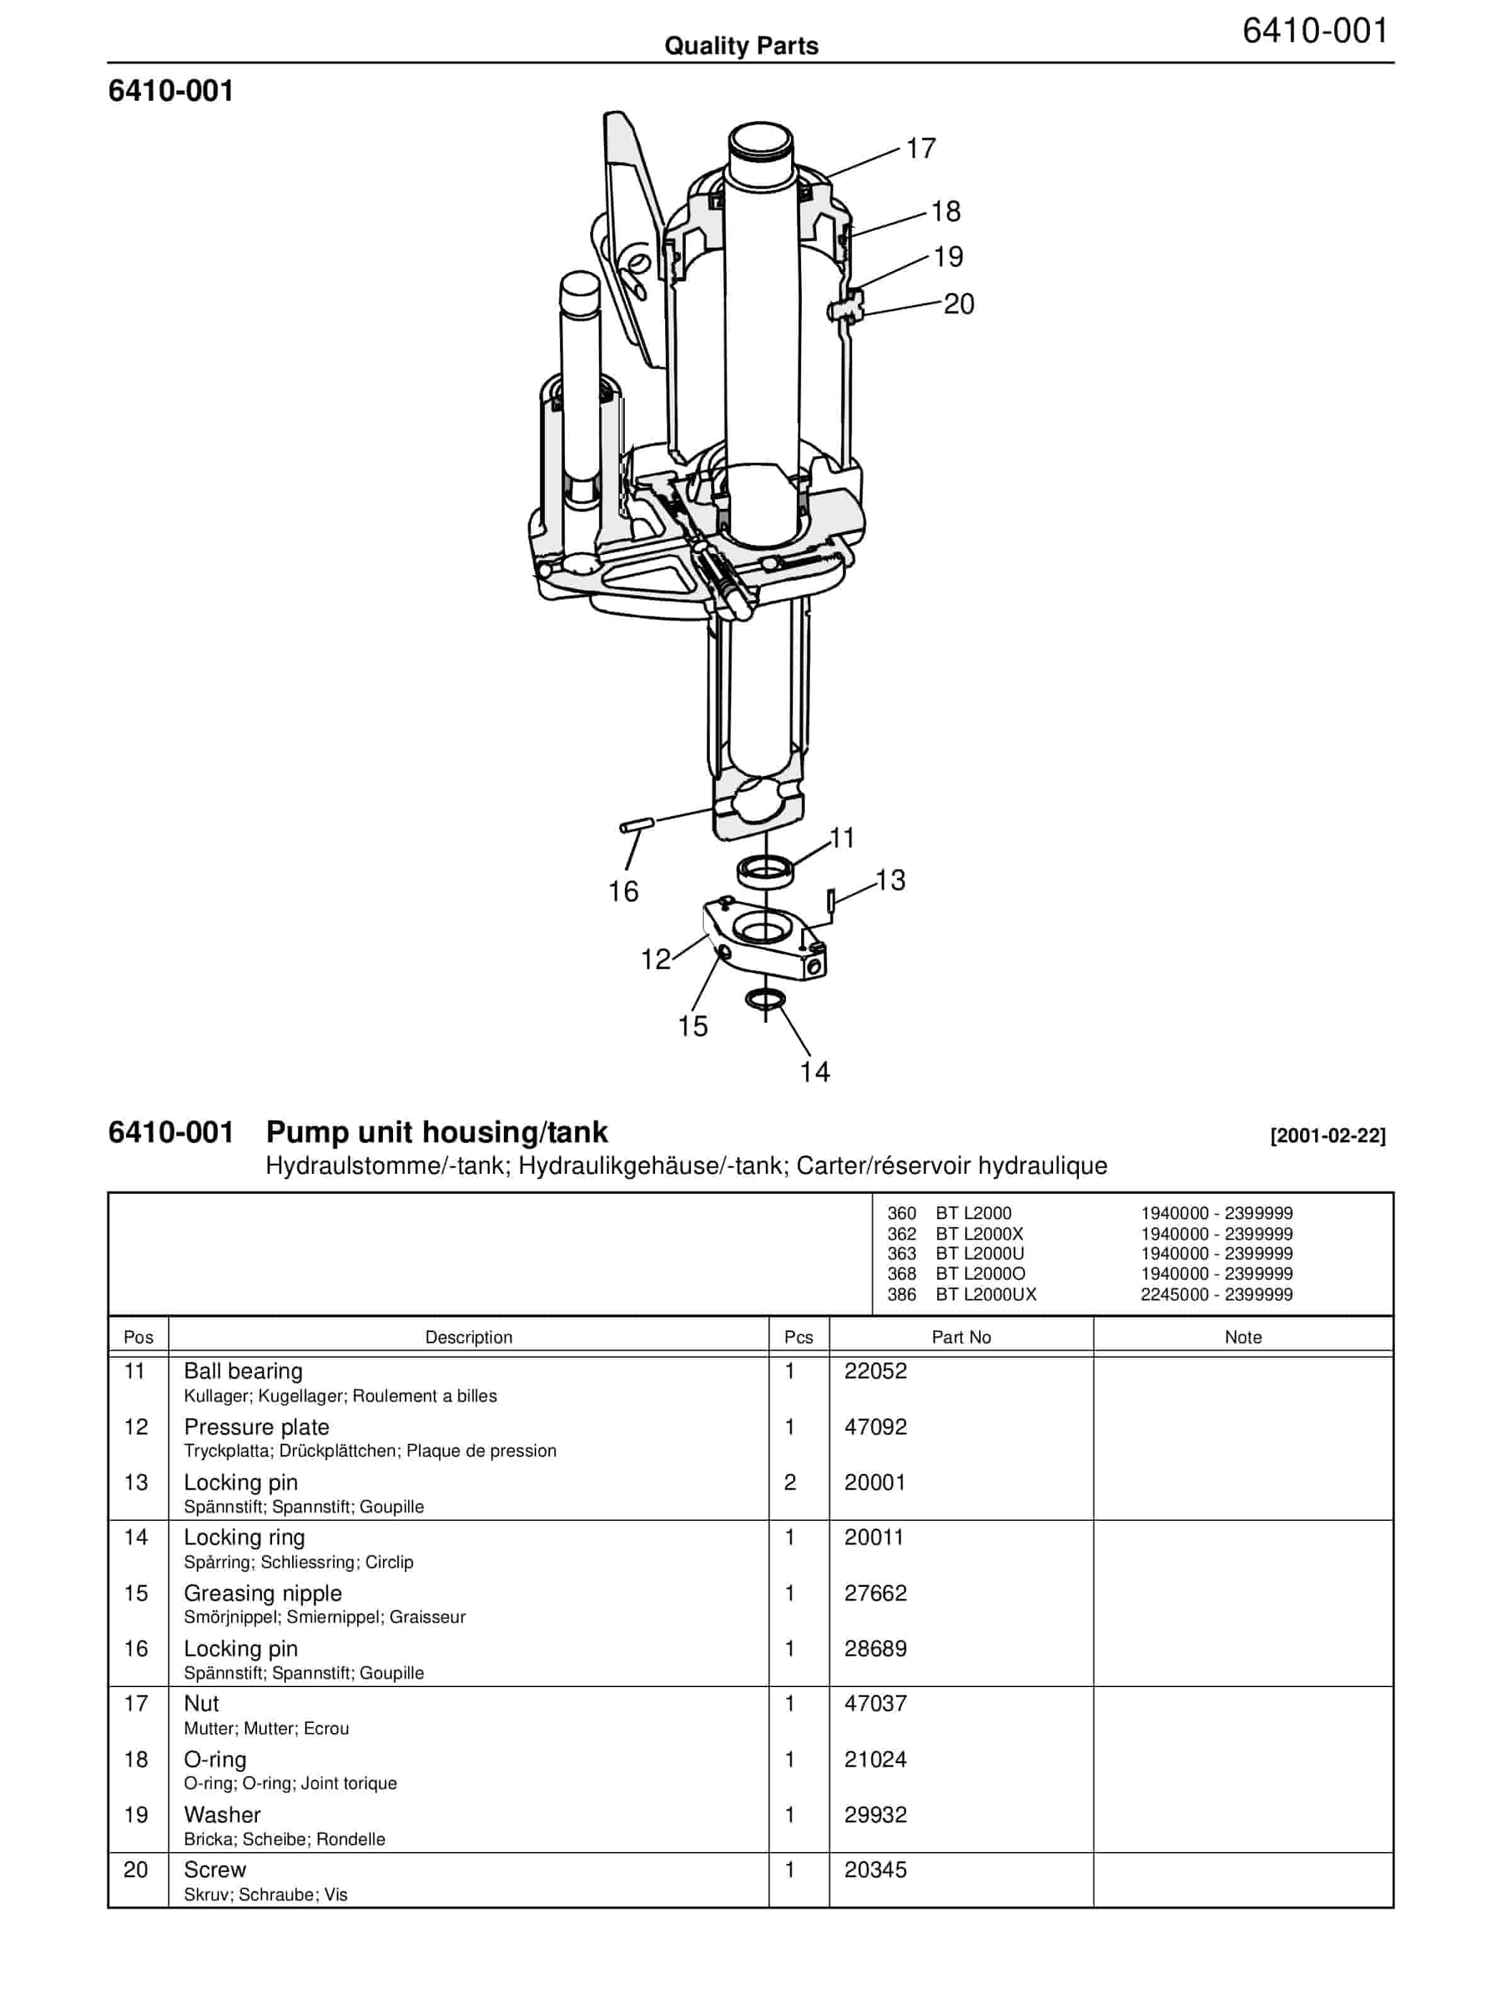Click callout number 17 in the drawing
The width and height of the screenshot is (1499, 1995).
pos(921,148)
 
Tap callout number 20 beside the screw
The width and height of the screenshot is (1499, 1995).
pos(959,304)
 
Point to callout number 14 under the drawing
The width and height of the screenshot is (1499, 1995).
pos(814,1071)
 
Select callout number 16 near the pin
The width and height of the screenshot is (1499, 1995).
pos(624,891)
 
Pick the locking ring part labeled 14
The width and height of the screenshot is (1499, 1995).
pos(766,999)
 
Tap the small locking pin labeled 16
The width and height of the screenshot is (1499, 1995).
pos(637,824)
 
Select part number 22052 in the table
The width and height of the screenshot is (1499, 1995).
pos(875,1371)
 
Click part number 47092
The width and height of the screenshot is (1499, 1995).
pos(875,1427)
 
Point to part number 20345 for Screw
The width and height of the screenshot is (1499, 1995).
pos(875,1870)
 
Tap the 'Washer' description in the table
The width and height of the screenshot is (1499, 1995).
pos(222,1815)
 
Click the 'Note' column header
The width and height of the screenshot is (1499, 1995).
pos(1243,1337)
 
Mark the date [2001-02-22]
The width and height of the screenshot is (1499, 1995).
pos(1328,1135)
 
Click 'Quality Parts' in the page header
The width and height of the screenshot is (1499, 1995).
pos(741,46)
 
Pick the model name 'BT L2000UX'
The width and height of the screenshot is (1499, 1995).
pos(986,1294)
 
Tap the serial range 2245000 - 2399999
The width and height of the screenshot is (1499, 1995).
pos(1216,1294)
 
